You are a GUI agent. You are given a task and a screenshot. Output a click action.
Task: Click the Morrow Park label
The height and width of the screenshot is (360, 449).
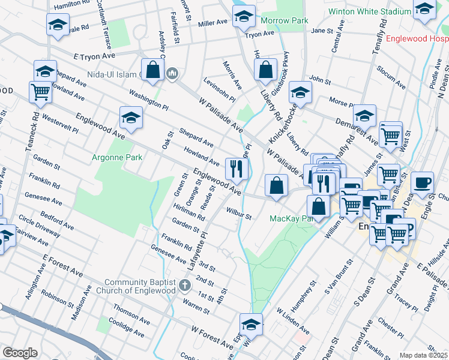pos(285,21)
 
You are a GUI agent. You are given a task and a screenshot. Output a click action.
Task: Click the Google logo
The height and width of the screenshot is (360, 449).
pos(20,353)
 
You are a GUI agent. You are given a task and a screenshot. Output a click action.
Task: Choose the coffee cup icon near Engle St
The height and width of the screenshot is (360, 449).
pos(422,182)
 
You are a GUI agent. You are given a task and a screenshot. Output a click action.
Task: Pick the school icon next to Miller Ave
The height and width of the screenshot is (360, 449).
pos(244,17)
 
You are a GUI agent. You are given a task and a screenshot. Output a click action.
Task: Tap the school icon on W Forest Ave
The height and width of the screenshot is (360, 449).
pos(251,325)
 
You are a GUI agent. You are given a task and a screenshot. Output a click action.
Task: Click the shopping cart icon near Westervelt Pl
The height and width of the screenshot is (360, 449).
pos(40,92)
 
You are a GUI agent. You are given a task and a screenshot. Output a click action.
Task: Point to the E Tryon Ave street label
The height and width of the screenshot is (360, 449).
pos(94,56)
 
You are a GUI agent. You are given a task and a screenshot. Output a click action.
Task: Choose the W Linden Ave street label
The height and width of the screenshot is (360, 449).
pos(293,320)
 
